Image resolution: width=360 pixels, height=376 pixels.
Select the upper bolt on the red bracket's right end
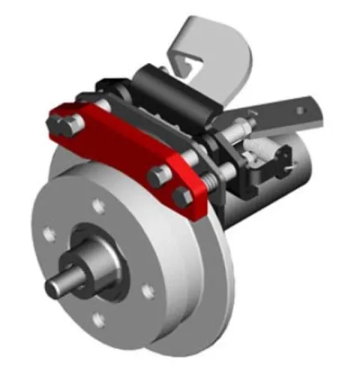pos(157,178)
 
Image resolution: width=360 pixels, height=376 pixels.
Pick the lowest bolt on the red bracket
pos(181,198)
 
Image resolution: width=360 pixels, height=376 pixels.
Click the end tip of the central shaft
pos(55,288)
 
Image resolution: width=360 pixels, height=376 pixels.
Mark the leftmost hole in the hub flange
pos(49,236)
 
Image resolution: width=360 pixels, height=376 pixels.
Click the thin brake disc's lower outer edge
pos(187,330)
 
